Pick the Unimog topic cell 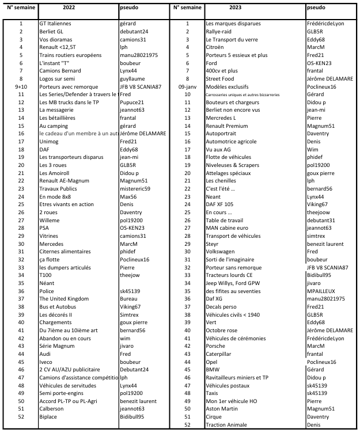click(x=49, y=141)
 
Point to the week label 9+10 click(x=20, y=86)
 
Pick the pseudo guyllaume click(x=133, y=78)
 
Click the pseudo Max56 click(x=128, y=196)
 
